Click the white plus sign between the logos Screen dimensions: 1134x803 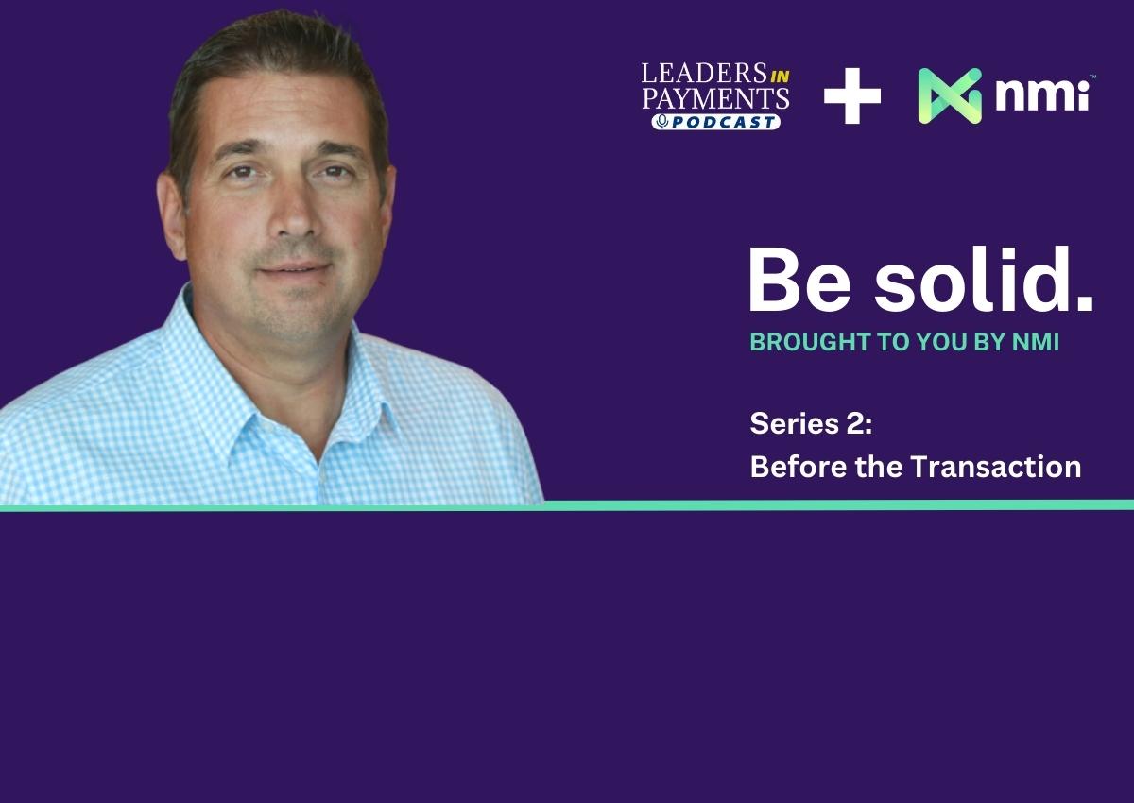[852, 95]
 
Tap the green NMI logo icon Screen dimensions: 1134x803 [950, 95]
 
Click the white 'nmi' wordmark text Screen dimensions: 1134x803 [1041, 95]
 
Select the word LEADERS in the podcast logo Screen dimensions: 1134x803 [704, 74]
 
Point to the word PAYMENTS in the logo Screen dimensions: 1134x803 [716, 98]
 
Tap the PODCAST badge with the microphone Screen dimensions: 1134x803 [716, 122]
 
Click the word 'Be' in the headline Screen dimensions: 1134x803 [799, 280]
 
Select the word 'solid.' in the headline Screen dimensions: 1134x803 [984, 279]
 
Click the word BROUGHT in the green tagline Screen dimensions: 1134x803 [811, 342]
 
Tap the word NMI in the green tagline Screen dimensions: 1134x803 [1036, 342]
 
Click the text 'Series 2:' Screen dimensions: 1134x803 [811, 423]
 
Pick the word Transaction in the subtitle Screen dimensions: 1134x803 [996, 466]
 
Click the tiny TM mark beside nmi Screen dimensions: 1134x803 [1092, 77]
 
